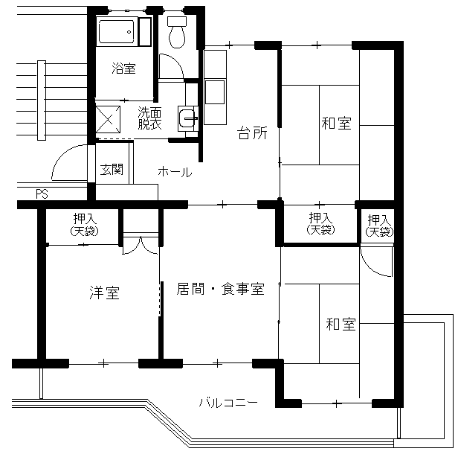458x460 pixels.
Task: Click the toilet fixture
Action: [177, 32]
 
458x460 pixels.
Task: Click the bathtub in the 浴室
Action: [117, 31]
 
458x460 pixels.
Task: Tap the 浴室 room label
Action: [123, 68]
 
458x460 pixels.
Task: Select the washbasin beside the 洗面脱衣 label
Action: [187, 118]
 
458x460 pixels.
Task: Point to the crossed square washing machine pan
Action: [108, 119]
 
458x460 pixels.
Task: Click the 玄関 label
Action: [112, 169]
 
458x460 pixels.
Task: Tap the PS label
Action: [42, 194]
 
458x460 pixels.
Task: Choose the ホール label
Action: [175, 172]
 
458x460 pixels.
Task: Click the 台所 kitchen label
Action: [252, 133]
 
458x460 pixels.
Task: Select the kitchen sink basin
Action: [215, 92]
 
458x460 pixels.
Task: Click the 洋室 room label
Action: [105, 293]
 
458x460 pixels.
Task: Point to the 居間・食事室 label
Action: [220, 289]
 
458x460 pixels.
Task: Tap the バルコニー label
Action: [228, 402]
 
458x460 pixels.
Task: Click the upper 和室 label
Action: [336, 124]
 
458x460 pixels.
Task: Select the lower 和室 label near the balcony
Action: [341, 325]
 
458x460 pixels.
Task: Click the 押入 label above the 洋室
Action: [85, 219]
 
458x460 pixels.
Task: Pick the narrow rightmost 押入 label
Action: [379, 220]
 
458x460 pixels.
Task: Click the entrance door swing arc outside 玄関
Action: [63, 156]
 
